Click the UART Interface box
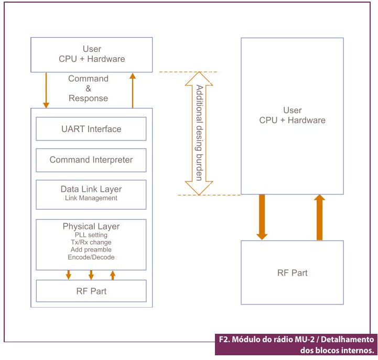pos(91,129)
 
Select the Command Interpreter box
pos(91,160)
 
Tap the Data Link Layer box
pos(91,194)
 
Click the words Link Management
pos(91,198)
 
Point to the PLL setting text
pos(91,235)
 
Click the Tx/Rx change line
pos(91,243)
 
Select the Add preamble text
pos(91,250)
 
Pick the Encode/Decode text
pos(91,257)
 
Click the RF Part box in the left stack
pos(91,291)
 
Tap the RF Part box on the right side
pos(292,272)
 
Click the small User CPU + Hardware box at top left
pos(92,54)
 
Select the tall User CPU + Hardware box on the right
pos(292,115)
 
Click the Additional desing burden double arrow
pos(199,133)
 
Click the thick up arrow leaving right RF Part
pos(319,217)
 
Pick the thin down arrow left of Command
pos(46,90)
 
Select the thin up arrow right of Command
pos(132,90)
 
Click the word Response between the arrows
pos(88,99)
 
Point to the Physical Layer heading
pos(91,226)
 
